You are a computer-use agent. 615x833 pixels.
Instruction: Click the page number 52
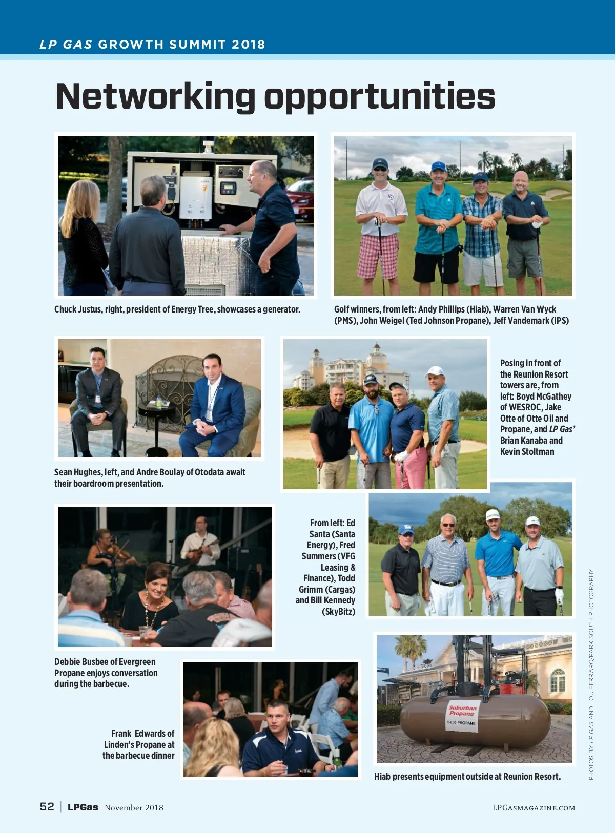pos(47,807)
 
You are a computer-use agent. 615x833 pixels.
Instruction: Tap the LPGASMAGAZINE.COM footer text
pos(534,808)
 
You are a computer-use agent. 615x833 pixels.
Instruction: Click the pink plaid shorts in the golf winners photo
pos(378,256)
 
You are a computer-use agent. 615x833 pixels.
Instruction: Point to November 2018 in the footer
pos(134,808)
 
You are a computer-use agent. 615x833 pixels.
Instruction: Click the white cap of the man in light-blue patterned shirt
pos(435,370)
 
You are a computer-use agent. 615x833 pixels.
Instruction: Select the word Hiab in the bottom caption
pos(382,777)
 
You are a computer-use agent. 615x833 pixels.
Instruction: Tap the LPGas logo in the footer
pos(83,807)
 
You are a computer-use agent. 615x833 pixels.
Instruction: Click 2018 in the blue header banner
pos(248,45)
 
